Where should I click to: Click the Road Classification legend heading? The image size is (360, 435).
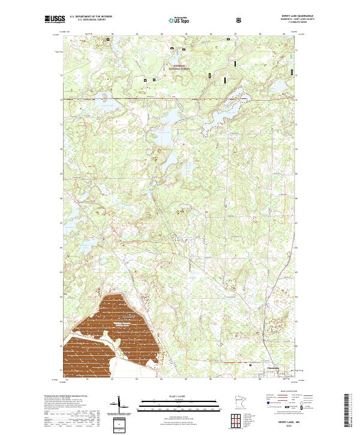pyautogui.click(x=283, y=394)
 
